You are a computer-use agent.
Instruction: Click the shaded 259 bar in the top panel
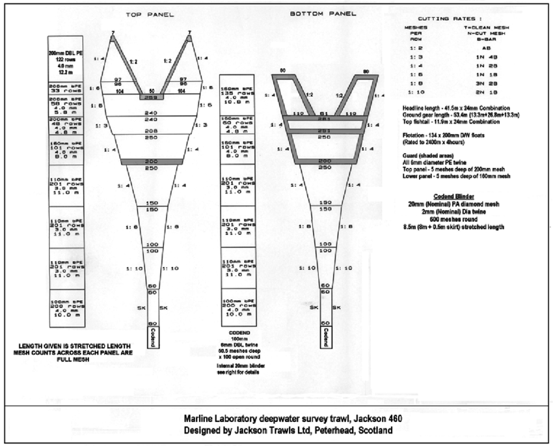151,97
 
